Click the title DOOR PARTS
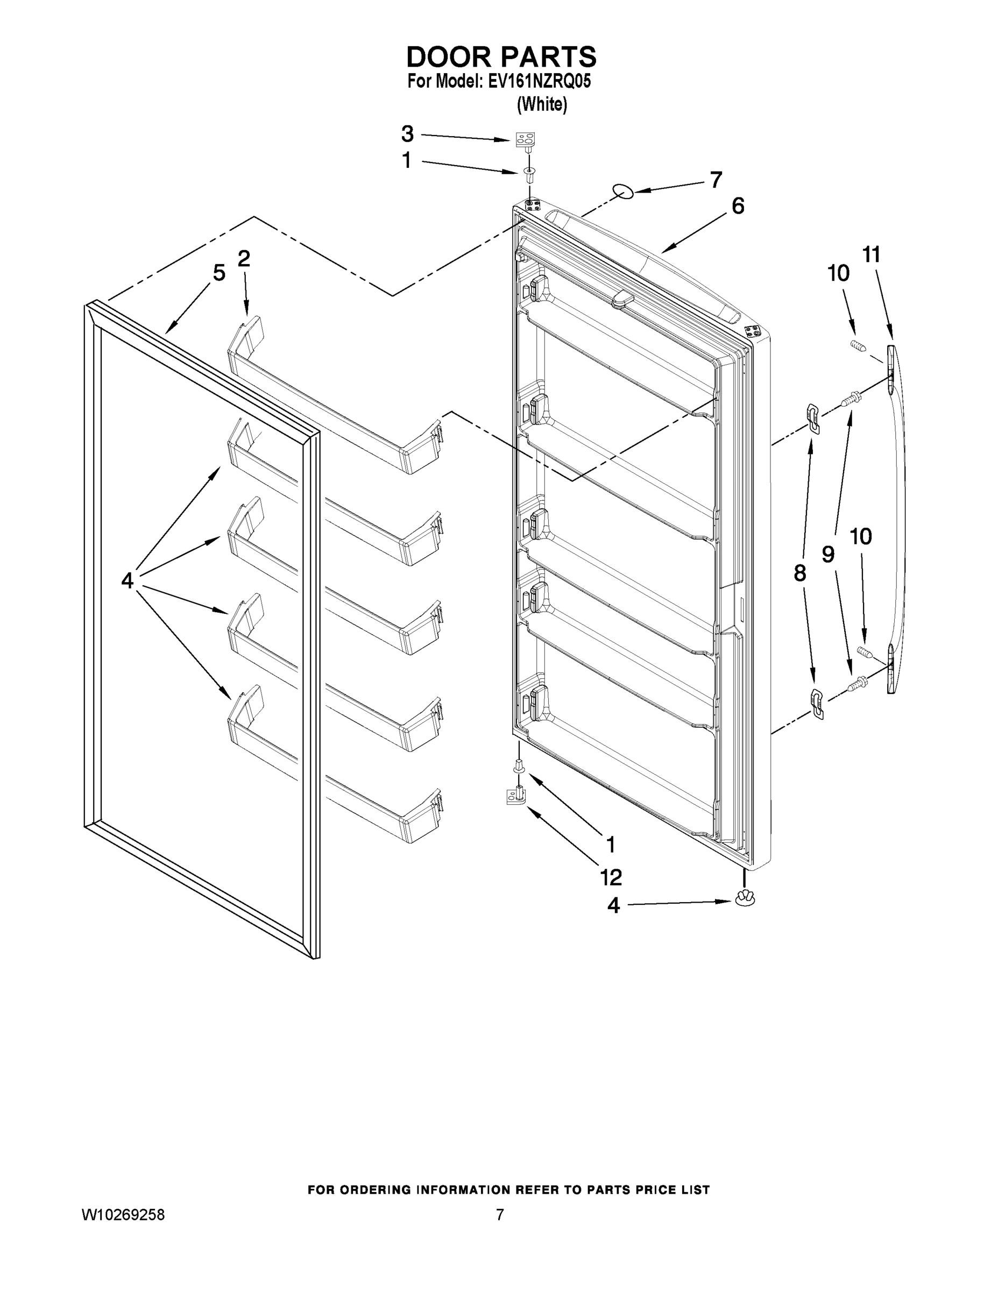(501, 58)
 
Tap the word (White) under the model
(542, 105)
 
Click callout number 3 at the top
(407, 134)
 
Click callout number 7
(716, 180)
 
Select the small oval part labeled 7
(623, 191)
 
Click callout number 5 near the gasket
(220, 273)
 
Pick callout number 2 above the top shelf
(244, 258)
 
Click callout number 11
(872, 255)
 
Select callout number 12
(611, 878)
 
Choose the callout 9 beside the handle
(829, 555)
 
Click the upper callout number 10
(838, 273)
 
